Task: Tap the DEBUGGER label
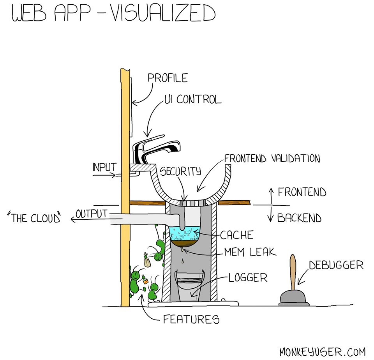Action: (x=336, y=266)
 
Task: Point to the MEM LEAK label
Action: (x=250, y=252)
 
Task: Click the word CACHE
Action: (x=236, y=235)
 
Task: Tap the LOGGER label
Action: (x=248, y=278)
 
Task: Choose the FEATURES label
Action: (x=191, y=319)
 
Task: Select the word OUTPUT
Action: (x=91, y=214)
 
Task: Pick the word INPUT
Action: (x=104, y=167)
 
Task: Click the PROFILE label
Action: (x=168, y=78)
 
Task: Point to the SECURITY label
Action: (x=180, y=171)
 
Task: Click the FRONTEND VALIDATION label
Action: (x=272, y=159)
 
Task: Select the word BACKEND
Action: (x=299, y=218)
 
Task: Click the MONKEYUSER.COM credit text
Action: (x=322, y=351)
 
